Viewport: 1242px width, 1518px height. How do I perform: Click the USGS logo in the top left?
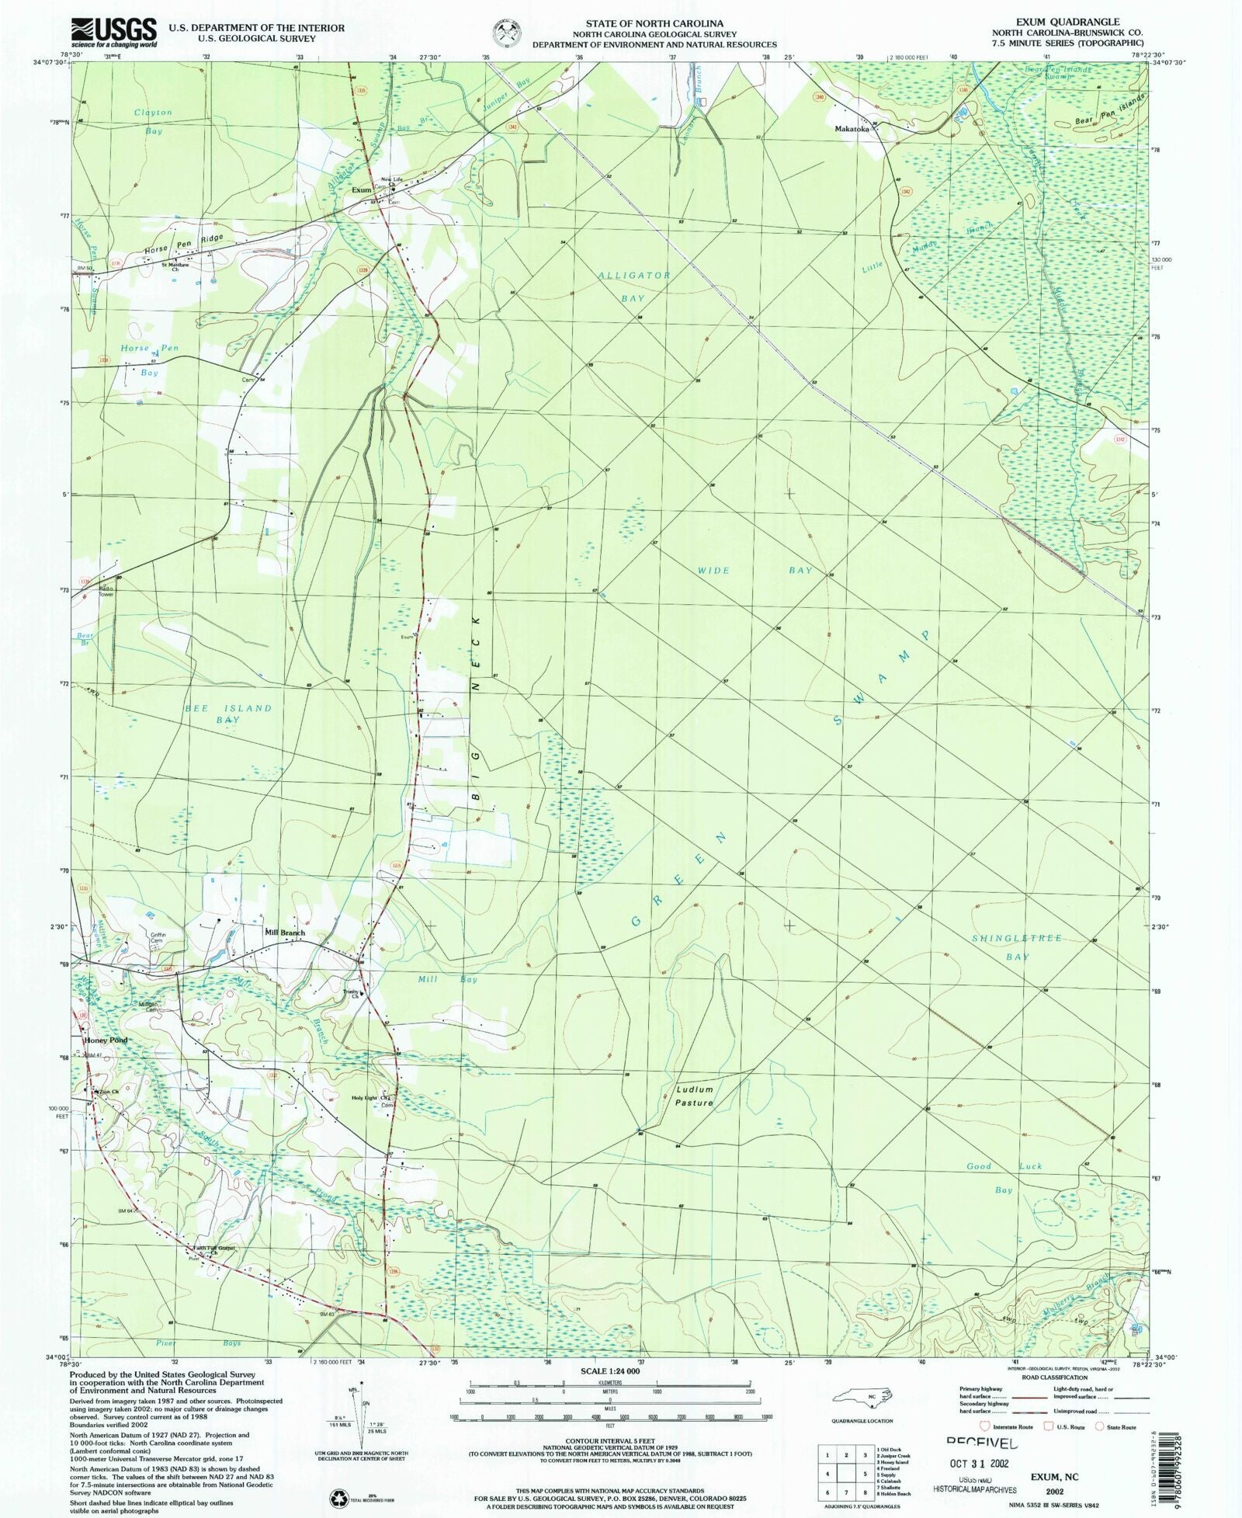pos(113,33)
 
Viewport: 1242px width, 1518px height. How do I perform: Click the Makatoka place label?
pos(851,129)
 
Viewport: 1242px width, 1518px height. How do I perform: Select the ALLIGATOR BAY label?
pos(633,287)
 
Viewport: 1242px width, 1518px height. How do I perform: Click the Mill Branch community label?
pos(285,933)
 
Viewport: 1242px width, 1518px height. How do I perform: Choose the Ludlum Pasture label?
pos(694,1096)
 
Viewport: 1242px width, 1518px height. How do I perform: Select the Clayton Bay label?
pos(153,122)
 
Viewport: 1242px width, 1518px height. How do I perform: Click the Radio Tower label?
pos(106,591)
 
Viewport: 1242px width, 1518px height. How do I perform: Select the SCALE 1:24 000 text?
pos(609,1371)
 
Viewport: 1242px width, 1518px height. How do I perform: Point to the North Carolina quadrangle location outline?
pos(862,1398)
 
